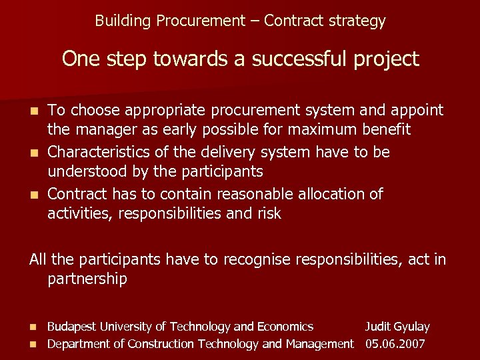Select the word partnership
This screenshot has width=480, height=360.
(x=87, y=279)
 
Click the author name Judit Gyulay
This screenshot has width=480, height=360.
(x=397, y=327)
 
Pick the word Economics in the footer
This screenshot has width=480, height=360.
(x=285, y=327)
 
